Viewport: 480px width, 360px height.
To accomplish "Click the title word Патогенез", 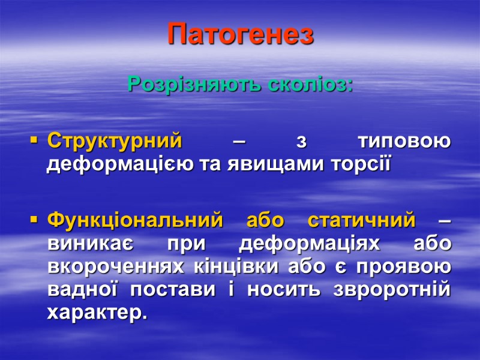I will coord(240,34).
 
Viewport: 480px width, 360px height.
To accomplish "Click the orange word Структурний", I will coord(115,142).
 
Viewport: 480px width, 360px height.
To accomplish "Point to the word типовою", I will coord(403,142).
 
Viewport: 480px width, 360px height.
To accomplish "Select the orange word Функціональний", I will coord(134,221).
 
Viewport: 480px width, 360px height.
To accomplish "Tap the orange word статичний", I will coord(361,221).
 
